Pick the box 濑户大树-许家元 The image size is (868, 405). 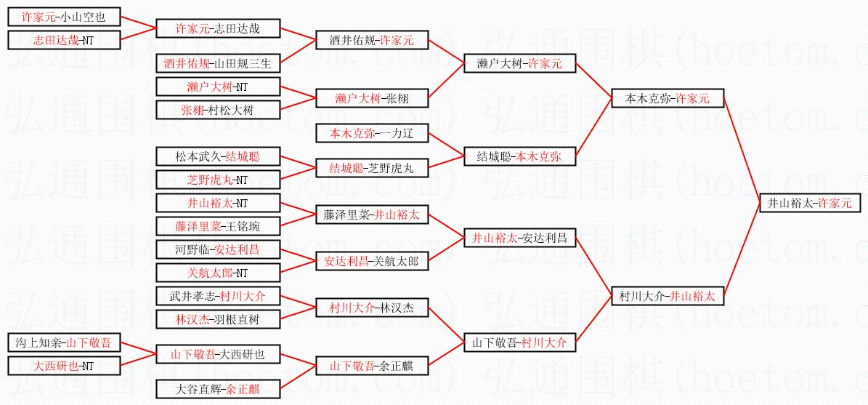click(x=519, y=64)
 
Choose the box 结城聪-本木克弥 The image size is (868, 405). click(x=519, y=156)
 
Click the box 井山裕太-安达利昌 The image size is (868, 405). click(x=519, y=238)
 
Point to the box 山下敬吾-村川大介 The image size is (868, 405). click(x=519, y=342)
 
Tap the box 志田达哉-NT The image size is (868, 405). click(x=64, y=40)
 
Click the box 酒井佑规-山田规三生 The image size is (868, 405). click(x=217, y=64)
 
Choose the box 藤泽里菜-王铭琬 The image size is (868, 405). click(x=217, y=226)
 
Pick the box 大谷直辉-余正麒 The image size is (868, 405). click(x=217, y=389)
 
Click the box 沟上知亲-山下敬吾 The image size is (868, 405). click(x=64, y=342)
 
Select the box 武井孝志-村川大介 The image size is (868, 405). click(x=217, y=296)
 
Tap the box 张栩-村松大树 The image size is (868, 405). click(x=217, y=111)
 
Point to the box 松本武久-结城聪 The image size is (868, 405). click(x=217, y=156)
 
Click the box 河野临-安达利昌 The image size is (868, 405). click(x=217, y=249)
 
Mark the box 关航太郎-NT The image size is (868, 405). click(x=217, y=273)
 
